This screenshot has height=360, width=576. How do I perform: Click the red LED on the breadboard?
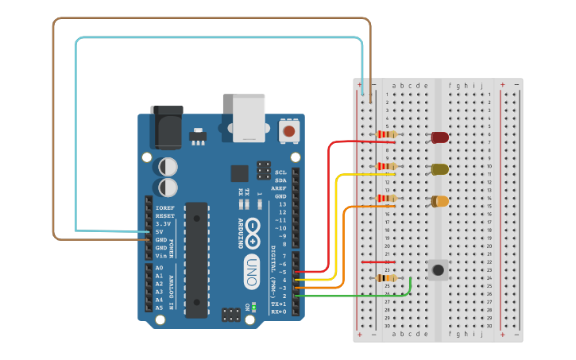pyautogui.click(x=439, y=137)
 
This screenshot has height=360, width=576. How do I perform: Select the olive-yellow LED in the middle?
pyautogui.click(x=439, y=169)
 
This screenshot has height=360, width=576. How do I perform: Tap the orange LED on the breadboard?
pyautogui.click(x=440, y=201)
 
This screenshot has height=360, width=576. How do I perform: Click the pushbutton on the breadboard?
pyautogui.click(x=438, y=269)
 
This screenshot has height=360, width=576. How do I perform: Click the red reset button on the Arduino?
pyautogui.click(x=289, y=130)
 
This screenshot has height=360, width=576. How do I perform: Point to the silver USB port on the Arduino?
pyautogui.click(x=249, y=118)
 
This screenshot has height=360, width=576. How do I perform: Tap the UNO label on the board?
pyautogui.click(x=251, y=272)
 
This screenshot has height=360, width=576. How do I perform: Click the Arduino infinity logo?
pyautogui.click(x=252, y=227)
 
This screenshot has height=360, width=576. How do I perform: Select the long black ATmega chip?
pyautogui.click(x=196, y=259)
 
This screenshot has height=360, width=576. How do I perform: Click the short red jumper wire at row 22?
pyautogui.click(x=378, y=261)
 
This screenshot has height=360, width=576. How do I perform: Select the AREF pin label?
pyautogui.click(x=279, y=188)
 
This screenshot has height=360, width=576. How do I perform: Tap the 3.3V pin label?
pyautogui.click(x=164, y=224)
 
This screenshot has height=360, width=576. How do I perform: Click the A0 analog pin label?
pyautogui.click(x=160, y=269)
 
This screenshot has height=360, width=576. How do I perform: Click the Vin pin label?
pyautogui.click(x=162, y=256)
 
